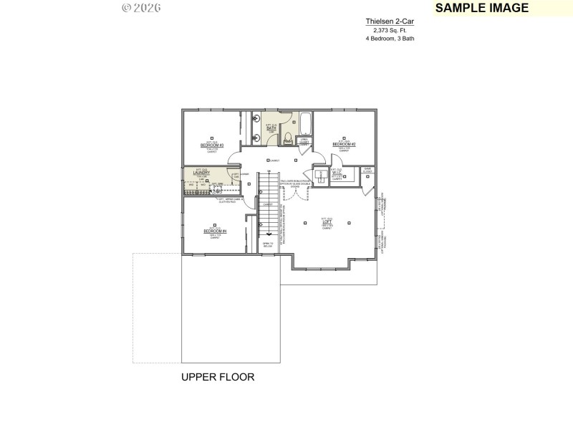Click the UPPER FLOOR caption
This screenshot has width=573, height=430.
click(217, 377)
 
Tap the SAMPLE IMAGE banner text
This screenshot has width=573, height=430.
click(481, 8)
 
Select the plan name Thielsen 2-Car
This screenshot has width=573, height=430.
click(390, 21)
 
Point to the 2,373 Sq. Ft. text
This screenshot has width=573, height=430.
click(390, 30)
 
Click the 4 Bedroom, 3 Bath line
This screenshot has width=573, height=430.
click(390, 39)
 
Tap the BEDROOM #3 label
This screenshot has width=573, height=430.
click(212, 145)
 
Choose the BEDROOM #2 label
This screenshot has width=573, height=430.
click(344, 145)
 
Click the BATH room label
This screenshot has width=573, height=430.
click(271, 128)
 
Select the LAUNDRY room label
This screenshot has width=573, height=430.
click(201, 173)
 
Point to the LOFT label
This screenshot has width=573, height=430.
click(327, 223)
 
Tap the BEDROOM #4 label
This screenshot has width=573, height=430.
click(215, 231)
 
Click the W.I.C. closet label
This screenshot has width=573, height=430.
click(337, 173)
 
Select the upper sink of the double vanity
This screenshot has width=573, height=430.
click(256, 121)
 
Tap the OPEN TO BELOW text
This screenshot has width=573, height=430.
click(268, 245)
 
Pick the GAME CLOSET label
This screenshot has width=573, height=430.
click(367, 171)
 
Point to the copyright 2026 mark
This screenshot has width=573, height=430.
click(141, 8)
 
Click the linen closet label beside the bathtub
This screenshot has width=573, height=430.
click(304, 142)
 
